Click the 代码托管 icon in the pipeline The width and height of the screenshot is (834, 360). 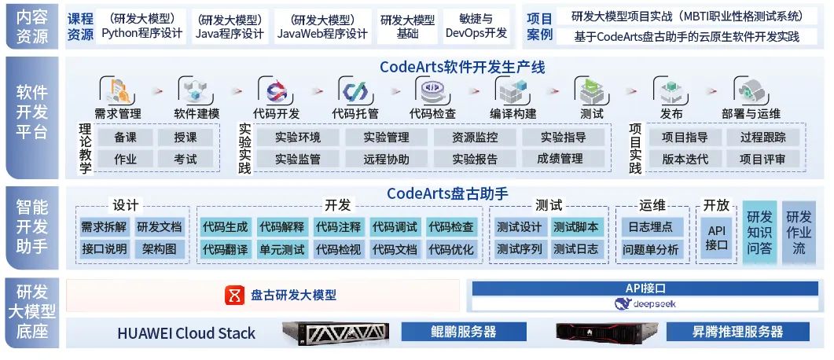click(x=355, y=90)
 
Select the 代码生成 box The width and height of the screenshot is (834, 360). click(x=225, y=227)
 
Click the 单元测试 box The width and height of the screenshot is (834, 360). click(x=281, y=250)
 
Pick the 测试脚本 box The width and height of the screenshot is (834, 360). click(x=575, y=227)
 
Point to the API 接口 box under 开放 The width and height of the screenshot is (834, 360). click(x=716, y=237)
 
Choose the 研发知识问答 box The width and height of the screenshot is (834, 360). click(x=759, y=233)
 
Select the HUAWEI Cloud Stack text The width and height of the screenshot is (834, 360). click(x=186, y=332)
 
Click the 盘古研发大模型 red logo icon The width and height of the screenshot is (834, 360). click(x=234, y=296)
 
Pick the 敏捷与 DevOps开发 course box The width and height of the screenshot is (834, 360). click(x=476, y=26)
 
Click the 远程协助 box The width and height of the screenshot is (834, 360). click(x=387, y=159)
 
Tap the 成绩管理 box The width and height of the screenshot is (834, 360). click(x=560, y=159)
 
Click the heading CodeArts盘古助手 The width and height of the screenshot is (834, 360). click(x=447, y=193)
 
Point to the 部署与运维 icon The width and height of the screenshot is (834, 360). click(x=751, y=91)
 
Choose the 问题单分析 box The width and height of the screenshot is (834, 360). click(x=651, y=250)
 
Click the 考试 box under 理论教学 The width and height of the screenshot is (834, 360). click(x=186, y=159)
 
